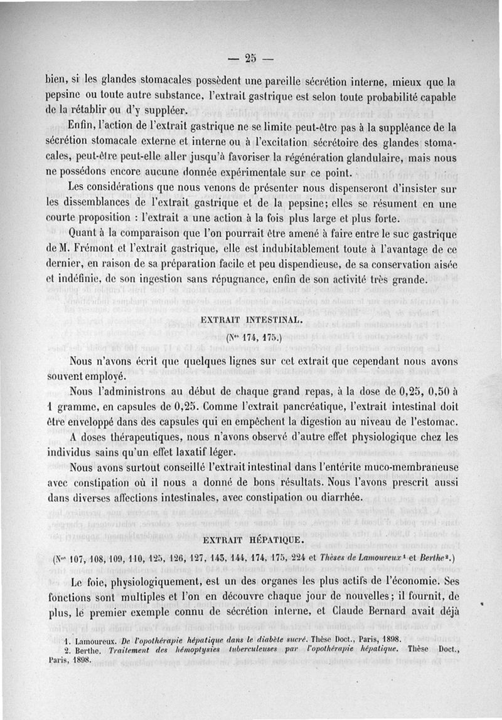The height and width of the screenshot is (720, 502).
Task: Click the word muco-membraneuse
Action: [407, 467]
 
